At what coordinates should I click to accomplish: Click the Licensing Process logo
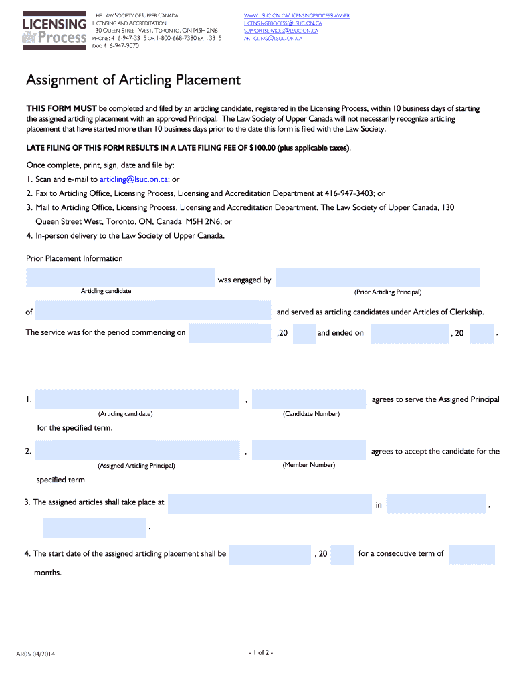coord(55,31)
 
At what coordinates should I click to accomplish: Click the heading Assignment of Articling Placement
coord(133,80)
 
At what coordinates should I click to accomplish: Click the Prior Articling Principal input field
coord(377,278)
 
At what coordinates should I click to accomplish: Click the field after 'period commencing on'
coord(230,333)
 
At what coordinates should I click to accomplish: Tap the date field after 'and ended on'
coord(409,333)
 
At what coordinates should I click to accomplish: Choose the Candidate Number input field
coord(308,399)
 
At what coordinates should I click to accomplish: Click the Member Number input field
coord(308,450)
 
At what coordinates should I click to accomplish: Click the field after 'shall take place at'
coord(269,504)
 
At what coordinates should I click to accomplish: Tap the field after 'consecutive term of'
coord(472,554)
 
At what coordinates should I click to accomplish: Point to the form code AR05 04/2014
coord(35,654)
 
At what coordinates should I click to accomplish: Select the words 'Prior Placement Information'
coord(74,258)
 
